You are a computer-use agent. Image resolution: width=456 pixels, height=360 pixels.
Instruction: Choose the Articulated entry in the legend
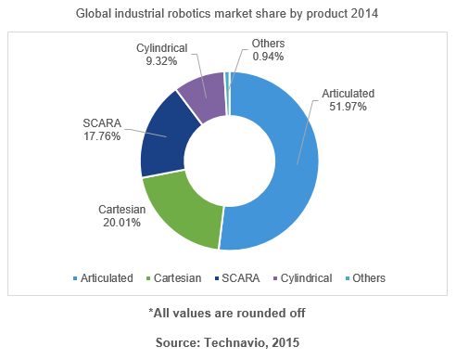(103, 277)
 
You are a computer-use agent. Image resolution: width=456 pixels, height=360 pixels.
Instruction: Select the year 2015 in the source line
(284, 342)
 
